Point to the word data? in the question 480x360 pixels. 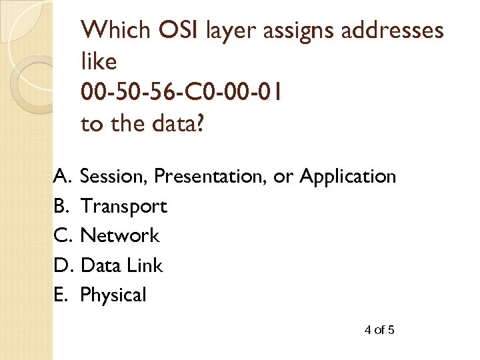tap(175, 125)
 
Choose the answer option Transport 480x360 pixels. tap(123, 207)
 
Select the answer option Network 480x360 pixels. tap(120, 236)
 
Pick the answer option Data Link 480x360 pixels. tap(121, 265)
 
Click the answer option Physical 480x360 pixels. tap(113, 295)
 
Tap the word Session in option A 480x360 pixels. tap(114, 177)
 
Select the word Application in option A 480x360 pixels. tap(348, 177)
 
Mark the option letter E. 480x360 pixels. tap(61, 295)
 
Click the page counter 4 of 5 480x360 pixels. tap(380, 329)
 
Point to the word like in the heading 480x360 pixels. tap(99, 62)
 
